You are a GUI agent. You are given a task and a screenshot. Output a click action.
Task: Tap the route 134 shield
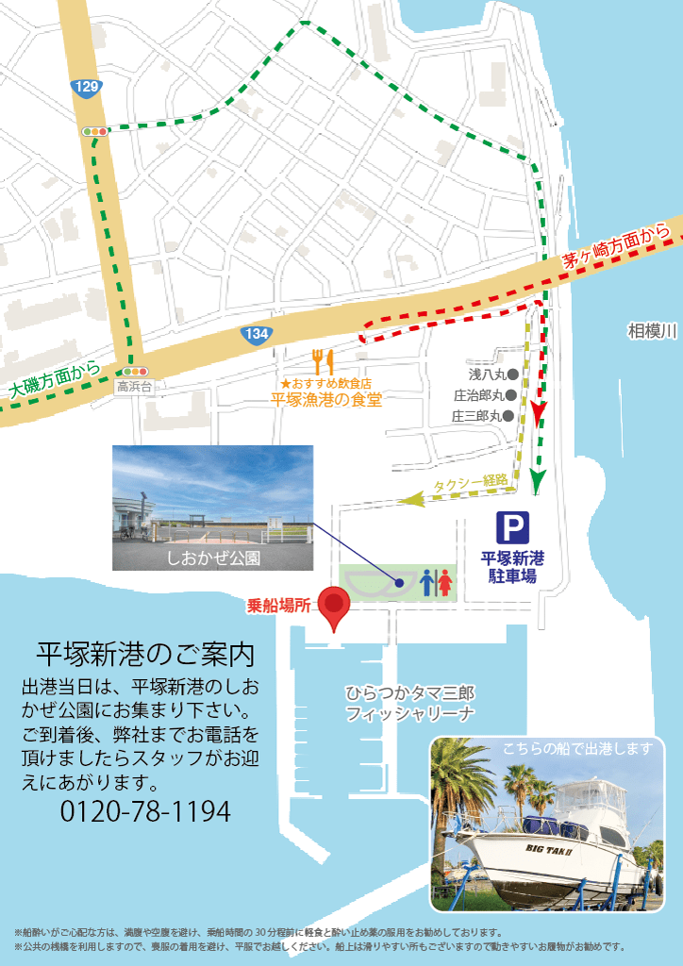tap(255, 335)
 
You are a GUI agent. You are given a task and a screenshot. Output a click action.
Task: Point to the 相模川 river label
tap(653, 331)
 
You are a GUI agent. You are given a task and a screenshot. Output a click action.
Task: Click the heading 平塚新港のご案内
tap(145, 653)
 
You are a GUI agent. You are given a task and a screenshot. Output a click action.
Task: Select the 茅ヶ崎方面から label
tap(622, 247)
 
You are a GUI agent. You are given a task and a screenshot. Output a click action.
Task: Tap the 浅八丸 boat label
tap(488, 374)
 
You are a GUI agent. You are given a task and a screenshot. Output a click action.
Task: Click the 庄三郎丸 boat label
tap(482, 415)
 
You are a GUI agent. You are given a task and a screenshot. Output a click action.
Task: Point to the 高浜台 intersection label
tap(133, 386)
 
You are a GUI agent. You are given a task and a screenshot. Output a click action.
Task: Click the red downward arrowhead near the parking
tap(538, 412)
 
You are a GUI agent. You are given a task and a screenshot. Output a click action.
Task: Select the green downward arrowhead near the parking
tap(538, 481)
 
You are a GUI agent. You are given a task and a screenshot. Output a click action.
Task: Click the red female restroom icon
tap(443, 582)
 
